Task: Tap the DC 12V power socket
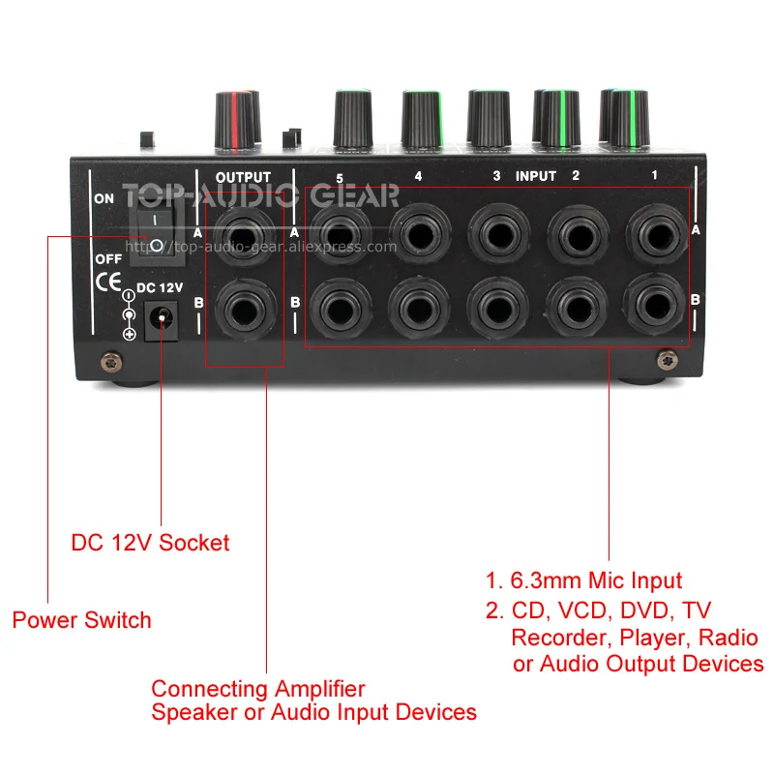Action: [x=161, y=321]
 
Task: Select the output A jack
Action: [x=244, y=235]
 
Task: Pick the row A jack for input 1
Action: [x=657, y=234]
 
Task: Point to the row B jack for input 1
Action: [x=655, y=306]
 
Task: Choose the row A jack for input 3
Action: [x=498, y=234]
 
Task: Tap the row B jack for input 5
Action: [x=341, y=309]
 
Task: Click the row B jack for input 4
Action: [x=419, y=309]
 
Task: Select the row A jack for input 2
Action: [x=578, y=235]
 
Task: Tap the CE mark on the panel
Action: [x=108, y=282]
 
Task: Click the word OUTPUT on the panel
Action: [x=244, y=177]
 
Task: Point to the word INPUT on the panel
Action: [x=536, y=176]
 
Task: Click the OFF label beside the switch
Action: [x=108, y=259]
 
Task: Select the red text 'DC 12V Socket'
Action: [x=150, y=543]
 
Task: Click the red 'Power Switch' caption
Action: [x=82, y=620]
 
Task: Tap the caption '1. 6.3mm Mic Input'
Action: [x=584, y=580]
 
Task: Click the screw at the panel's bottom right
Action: [x=667, y=359]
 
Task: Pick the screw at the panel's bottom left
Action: [x=111, y=362]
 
